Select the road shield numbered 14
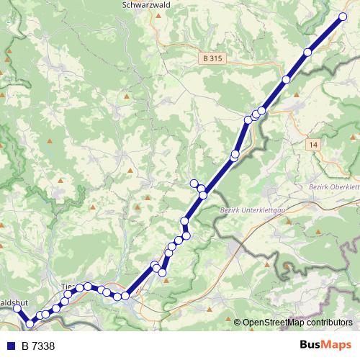click(x=312, y=145)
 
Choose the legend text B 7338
click(x=38, y=346)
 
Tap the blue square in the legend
click(x=11, y=346)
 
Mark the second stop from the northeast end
click(x=308, y=51)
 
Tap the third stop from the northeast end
click(x=287, y=80)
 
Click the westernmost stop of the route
click(x=18, y=309)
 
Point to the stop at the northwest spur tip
click(x=193, y=183)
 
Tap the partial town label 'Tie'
click(x=67, y=287)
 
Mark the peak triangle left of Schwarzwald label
click(x=96, y=12)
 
